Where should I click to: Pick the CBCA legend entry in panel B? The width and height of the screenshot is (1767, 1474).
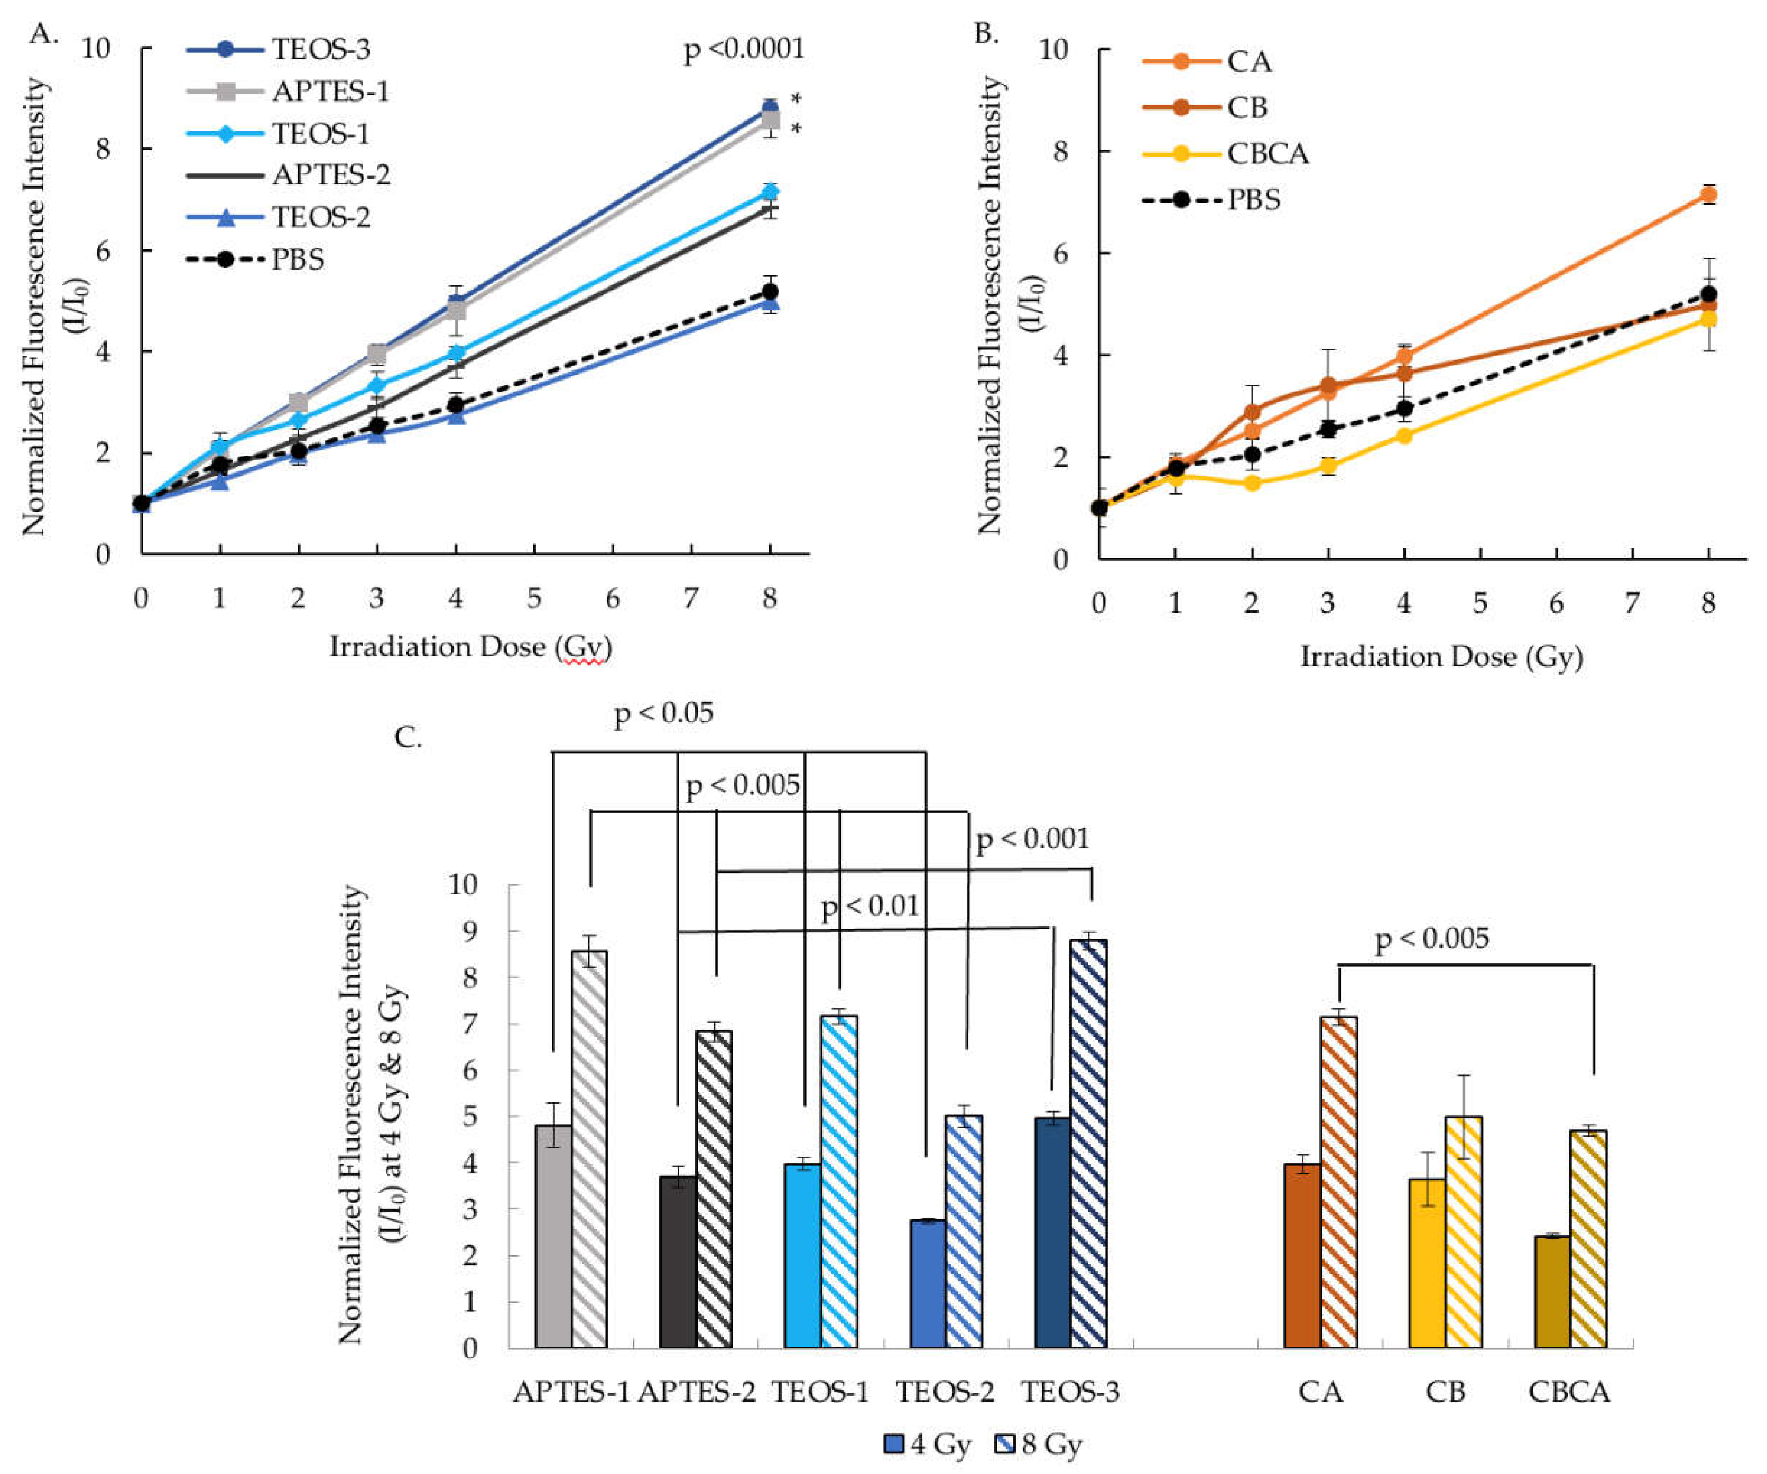click(1267, 154)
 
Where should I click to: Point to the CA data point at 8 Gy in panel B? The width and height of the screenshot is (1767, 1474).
click(1708, 195)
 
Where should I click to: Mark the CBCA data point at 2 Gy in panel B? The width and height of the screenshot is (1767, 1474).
click(1252, 483)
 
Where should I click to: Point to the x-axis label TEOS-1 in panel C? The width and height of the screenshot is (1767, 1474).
click(820, 1392)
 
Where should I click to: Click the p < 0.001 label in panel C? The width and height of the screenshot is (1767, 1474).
click(1032, 839)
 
